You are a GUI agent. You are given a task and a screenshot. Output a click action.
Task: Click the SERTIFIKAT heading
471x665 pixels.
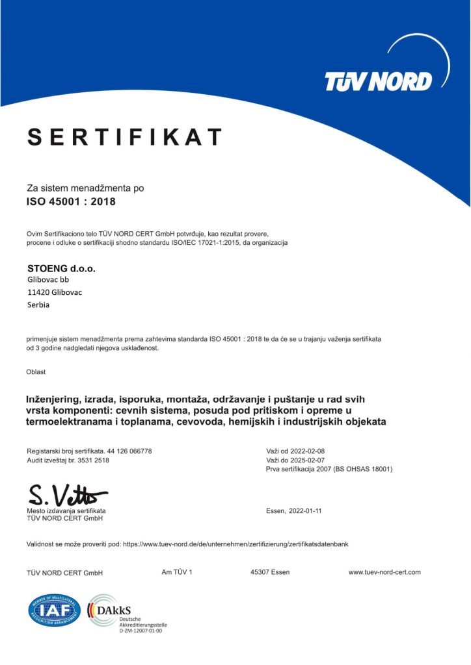click(x=124, y=137)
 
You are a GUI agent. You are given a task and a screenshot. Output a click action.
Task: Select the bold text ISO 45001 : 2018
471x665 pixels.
click(x=71, y=201)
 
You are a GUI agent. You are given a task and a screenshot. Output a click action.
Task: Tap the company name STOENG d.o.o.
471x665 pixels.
click(x=57, y=268)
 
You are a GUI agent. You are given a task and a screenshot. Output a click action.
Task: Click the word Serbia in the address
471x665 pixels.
click(x=38, y=305)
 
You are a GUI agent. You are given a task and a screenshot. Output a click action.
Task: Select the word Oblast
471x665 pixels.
click(x=36, y=372)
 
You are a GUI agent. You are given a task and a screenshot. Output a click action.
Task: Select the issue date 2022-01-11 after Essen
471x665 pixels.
click(x=304, y=511)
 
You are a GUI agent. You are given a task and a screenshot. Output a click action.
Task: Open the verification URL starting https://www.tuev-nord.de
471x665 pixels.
click(x=235, y=544)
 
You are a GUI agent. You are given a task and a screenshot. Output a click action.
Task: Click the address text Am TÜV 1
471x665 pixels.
click(x=177, y=572)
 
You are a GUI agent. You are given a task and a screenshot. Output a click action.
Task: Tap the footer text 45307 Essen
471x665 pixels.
click(x=270, y=572)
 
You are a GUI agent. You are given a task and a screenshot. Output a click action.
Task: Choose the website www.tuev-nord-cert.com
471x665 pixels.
click(x=384, y=572)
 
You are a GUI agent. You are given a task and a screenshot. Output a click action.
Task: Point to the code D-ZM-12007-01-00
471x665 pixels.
click(x=141, y=630)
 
